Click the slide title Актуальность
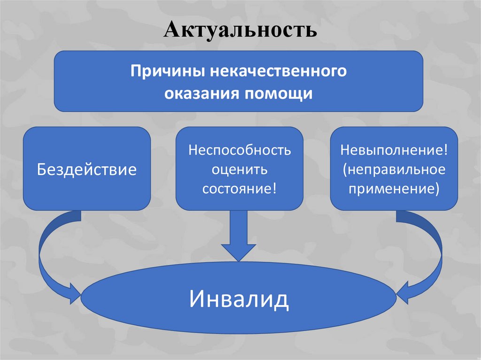(240, 31)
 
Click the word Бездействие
(87, 169)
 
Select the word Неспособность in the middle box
(240, 151)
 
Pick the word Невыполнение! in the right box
(394, 151)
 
